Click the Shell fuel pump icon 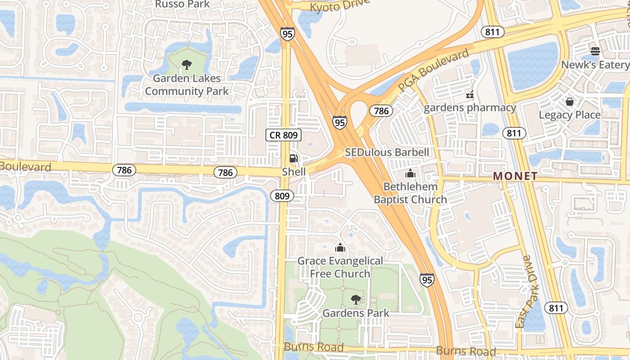(x=293, y=158)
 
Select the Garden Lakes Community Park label (x=187, y=85)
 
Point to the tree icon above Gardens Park (x=356, y=299)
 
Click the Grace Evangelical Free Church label (x=340, y=267)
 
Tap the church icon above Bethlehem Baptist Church (x=410, y=173)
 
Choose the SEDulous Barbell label (x=387, y=152)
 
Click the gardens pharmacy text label (x=470, y=108)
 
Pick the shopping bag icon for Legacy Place (x=570, y=102)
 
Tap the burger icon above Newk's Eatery (x=595, y=51)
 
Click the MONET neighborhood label (x=515, y=176)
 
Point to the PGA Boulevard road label (x=434, y=71)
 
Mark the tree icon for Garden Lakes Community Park (x=186, y=65)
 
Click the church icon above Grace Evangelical (x=340, y=247)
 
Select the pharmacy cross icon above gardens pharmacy (x=470, y=95)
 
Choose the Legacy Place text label (x=570, y=115)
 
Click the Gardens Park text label (x=356, y=313)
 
